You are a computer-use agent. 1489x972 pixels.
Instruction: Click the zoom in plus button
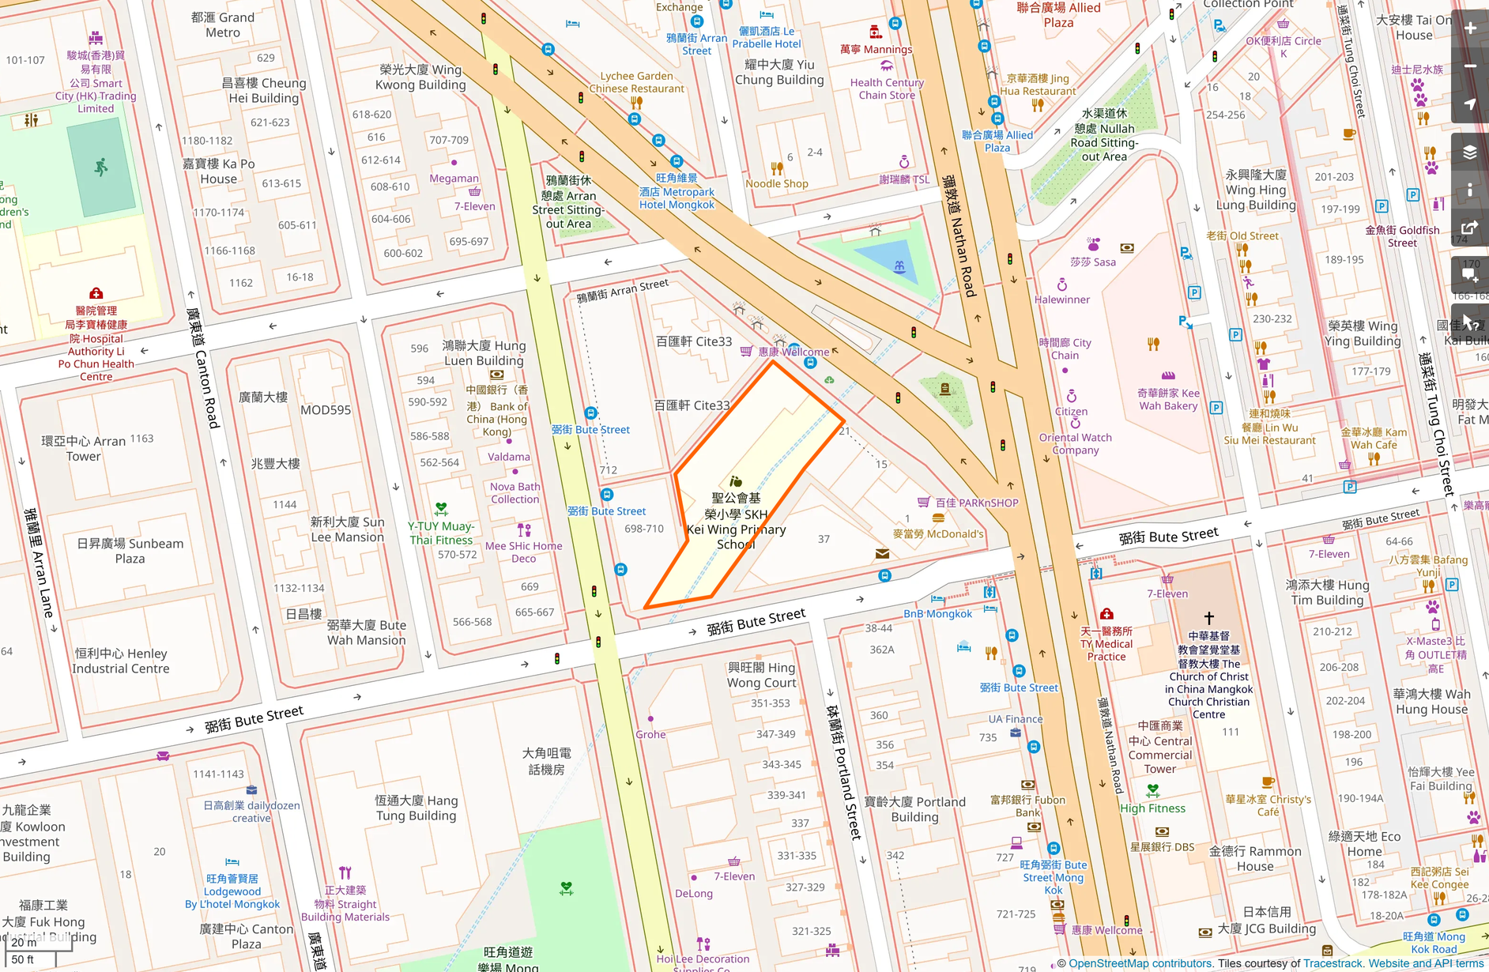tap(1471, 28)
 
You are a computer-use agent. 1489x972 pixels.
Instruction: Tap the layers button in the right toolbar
tap(1471, 152)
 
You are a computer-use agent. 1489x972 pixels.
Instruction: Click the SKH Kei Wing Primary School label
tap(736, 521)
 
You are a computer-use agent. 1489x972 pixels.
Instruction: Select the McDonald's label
tap(938, 533)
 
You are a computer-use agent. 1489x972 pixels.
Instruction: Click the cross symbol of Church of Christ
tap(1208, 618)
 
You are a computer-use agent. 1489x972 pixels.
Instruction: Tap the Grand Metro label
tap(223, 24)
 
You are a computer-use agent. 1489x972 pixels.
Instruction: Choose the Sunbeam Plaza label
tap(130, 551)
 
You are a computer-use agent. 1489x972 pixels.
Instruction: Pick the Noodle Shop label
tap(777, 183)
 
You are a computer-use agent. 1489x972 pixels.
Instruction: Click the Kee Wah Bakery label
tap(1168, 399)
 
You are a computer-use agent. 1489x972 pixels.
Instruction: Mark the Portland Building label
tap(914, 809)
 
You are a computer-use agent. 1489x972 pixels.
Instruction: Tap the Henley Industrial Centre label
tap(120, 661)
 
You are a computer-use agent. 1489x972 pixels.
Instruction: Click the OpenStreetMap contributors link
tap(1140, 963)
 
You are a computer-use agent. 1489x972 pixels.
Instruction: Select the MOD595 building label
tap(325, 410)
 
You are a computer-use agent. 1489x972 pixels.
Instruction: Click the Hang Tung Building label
tap(416, 808)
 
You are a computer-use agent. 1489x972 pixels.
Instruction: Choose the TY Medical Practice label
tap(1106, 643)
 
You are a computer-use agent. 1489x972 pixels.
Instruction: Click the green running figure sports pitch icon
tap(100, 167)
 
